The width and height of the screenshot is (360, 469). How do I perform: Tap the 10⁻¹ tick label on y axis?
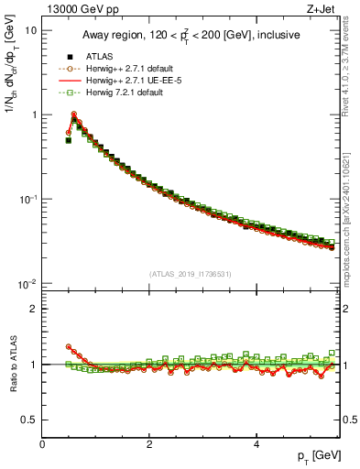pyautogui.click(x=27, y=200)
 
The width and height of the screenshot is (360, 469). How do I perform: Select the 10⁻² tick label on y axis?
pyautogui.click(x=27, y=284)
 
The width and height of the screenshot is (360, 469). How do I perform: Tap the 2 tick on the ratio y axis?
pyautogui.click(x=33, y=309)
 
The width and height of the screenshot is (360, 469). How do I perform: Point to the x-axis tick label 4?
pyautogui.click(x=256, y=444)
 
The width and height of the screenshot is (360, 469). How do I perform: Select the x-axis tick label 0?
pyautogui.click(x=42, y=444)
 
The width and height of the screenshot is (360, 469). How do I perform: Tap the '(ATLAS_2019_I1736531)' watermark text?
pyautogui.click(x=191, y=274)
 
